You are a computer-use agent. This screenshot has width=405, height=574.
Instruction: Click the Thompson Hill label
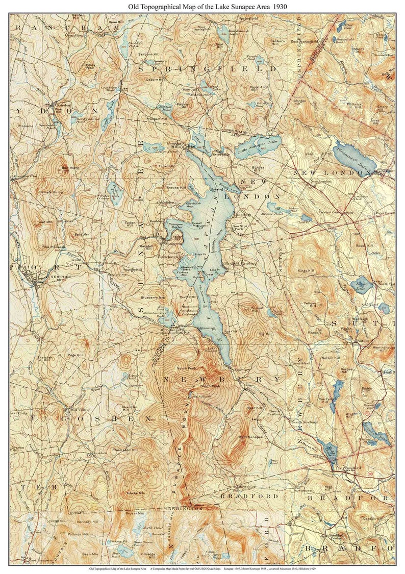pos(126,450)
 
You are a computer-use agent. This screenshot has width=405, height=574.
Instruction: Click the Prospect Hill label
pos(157,119)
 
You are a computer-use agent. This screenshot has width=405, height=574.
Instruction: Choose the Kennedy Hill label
pos(87,522)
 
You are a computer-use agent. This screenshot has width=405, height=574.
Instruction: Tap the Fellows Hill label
pos(311,305)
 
